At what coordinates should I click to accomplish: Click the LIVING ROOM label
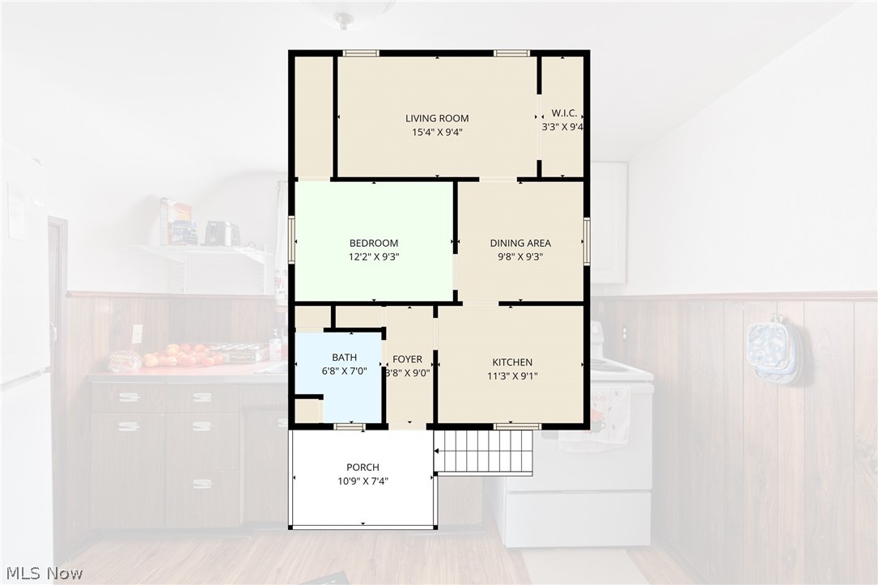(x=437, y=118)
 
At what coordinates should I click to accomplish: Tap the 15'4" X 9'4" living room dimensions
(x=437, y=133)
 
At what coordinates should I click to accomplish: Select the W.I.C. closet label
(x=564, y=112)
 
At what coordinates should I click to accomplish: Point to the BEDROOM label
(x=374, y=243)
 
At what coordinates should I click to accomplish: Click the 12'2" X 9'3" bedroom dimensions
(x=374, y=257)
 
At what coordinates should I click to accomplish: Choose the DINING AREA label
(x=520, y=243)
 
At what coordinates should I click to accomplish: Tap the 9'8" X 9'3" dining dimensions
(x=520, y=257)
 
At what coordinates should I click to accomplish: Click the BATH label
(x=345, y=357)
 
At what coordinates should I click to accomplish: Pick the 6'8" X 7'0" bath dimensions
(x=345, y=371)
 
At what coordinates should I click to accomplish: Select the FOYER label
(x=407, y=358)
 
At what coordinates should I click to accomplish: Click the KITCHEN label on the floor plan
(x=512, y=362)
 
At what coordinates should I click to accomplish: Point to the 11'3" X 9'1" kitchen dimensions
(x=512, y=376)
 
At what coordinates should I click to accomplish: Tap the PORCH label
(x=363, y=467)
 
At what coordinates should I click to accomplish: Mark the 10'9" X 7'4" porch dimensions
(x=363, y=481)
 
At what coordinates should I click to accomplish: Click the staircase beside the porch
(x=484, y=452)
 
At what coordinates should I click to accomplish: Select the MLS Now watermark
(x=45, y=573)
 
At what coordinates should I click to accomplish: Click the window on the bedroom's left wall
(x=292, y=239)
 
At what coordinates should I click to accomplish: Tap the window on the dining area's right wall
(x=586, y=241)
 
